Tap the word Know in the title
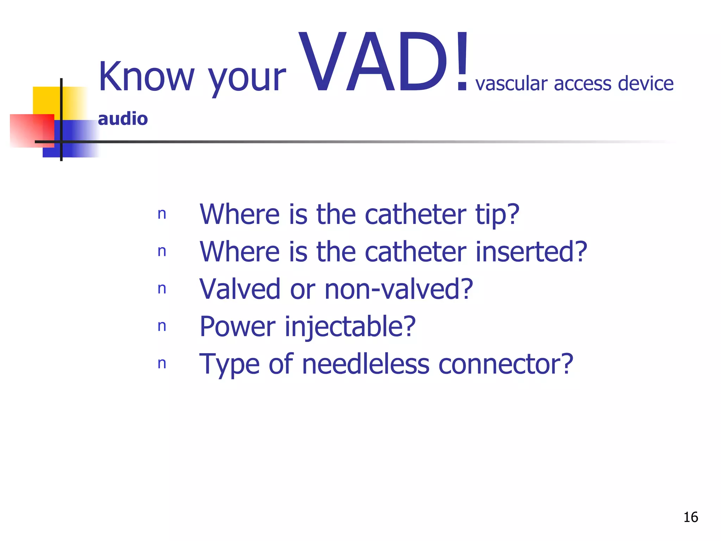146,76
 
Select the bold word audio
123,119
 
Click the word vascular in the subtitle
512,84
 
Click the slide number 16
690,517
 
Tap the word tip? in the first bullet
497,214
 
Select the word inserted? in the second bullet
531,251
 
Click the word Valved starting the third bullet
240,289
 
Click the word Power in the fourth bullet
237,327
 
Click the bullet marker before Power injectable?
162,327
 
